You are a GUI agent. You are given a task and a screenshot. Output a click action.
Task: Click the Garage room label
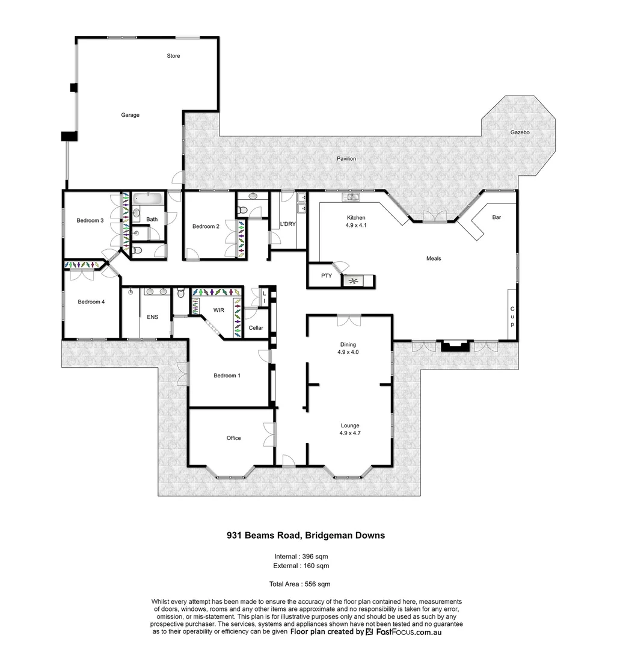(130, 115)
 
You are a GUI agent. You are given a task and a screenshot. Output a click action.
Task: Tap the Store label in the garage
(173, 56)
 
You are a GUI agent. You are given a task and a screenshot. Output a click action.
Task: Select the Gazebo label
(520, 132)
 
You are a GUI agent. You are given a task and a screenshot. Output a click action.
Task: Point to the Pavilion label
(346, 159)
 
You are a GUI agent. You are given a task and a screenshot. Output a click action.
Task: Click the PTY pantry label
(327, 276)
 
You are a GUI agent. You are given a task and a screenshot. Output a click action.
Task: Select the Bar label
(497, 217)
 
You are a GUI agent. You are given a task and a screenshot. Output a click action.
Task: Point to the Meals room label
(434, 258)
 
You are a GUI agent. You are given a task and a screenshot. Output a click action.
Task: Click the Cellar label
(256, 328)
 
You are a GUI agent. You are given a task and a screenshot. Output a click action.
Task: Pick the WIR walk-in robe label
(218, 311)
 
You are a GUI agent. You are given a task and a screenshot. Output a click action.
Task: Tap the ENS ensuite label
(152, 317)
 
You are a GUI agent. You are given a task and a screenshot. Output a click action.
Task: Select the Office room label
(233, 438)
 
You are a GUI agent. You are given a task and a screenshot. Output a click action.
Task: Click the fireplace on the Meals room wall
(454, 346)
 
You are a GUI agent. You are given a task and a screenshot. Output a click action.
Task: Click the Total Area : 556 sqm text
(299, 584)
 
